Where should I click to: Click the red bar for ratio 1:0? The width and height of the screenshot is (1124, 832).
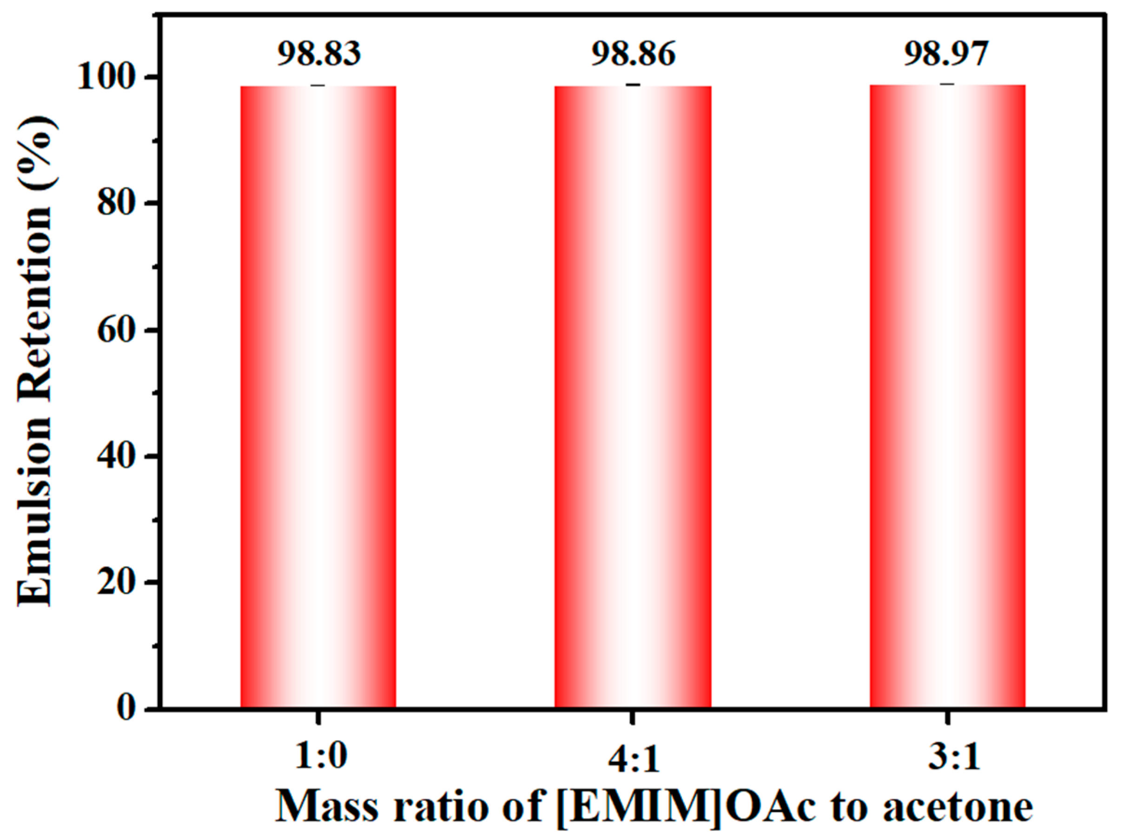pos(318,398)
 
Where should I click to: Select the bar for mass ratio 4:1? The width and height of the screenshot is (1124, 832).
pos(633,398)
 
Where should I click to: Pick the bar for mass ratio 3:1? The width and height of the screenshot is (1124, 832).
pos(947,398)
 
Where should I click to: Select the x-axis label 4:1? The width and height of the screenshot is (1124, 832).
pos(634,759)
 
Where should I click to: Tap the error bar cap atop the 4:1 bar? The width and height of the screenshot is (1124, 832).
pos(633,85)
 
